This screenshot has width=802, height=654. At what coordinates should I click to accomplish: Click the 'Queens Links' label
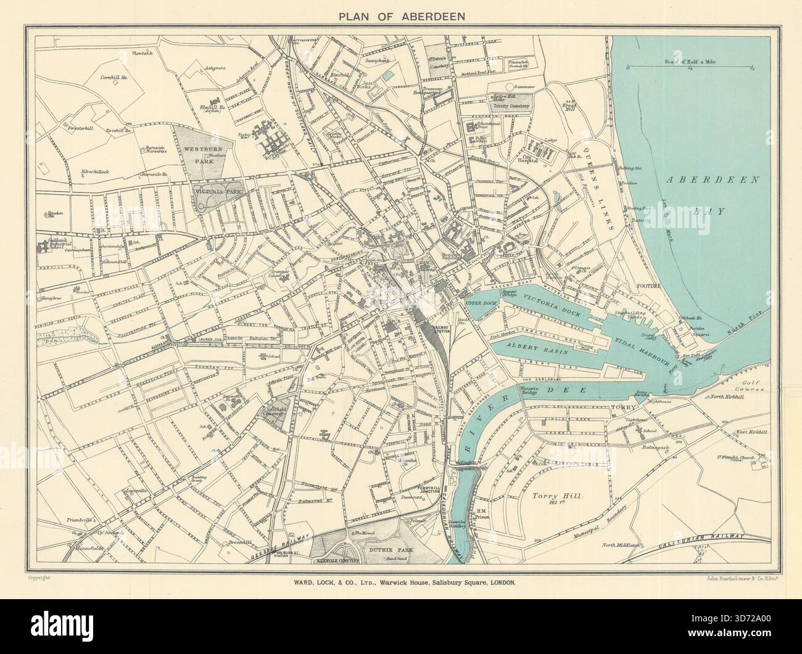(600, 198)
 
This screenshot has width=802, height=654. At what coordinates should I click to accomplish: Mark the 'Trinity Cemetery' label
(511, 105)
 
